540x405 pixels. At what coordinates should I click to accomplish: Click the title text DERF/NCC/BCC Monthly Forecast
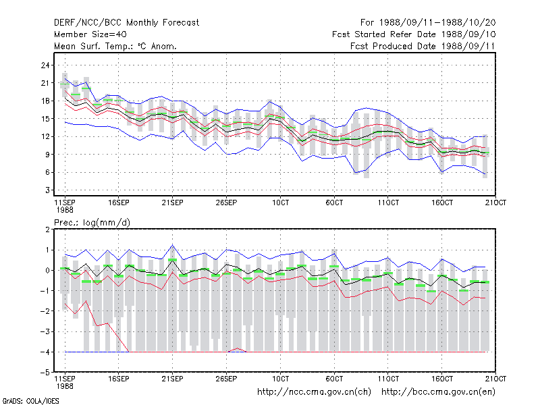pyautogui.click(x=126, y=23)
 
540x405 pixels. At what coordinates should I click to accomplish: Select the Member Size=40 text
pyautogui.click(x=90, y=34)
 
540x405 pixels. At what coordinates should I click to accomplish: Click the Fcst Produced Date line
pyautogui.click(x=423, y=46)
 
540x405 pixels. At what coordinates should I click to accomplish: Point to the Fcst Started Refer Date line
pyautogui.click(x=414, y=34)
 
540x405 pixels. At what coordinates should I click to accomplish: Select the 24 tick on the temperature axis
pyautogui.click(x=45, y=65)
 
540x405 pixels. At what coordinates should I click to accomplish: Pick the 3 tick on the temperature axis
pyautogui.click(x=47, y=190)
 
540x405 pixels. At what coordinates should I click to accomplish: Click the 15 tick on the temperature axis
pyautogui.click(x=45, y=119)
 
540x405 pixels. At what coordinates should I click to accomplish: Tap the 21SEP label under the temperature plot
pyautogui.click(x=173, y=202)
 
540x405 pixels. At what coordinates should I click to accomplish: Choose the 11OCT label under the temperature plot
pyautogui.click(x=388, y=202)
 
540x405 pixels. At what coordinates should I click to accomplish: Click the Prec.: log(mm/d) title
pyautogui.click(x=92, y=223)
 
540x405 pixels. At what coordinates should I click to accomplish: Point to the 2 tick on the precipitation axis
pyautogui.click(x=47, y=230)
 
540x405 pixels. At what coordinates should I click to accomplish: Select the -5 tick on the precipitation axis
pyautogui.click(x=45, y=373)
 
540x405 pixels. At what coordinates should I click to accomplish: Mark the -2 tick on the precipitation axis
pyautogui.click(x=45, y=311)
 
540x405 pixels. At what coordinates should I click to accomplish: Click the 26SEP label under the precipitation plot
pyautogui.click(x=226, y=379)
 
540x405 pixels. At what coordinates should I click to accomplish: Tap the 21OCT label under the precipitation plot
pyautogui.click(x=495, y=379)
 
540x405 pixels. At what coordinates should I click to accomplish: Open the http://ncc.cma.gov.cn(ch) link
pyautogui.click(x=314, y=392)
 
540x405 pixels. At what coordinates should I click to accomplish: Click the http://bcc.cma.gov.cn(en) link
pyautogui.click(x=438, y=392)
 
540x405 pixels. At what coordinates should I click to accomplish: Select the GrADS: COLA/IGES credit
pyautogui.click(x=30, y=401)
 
